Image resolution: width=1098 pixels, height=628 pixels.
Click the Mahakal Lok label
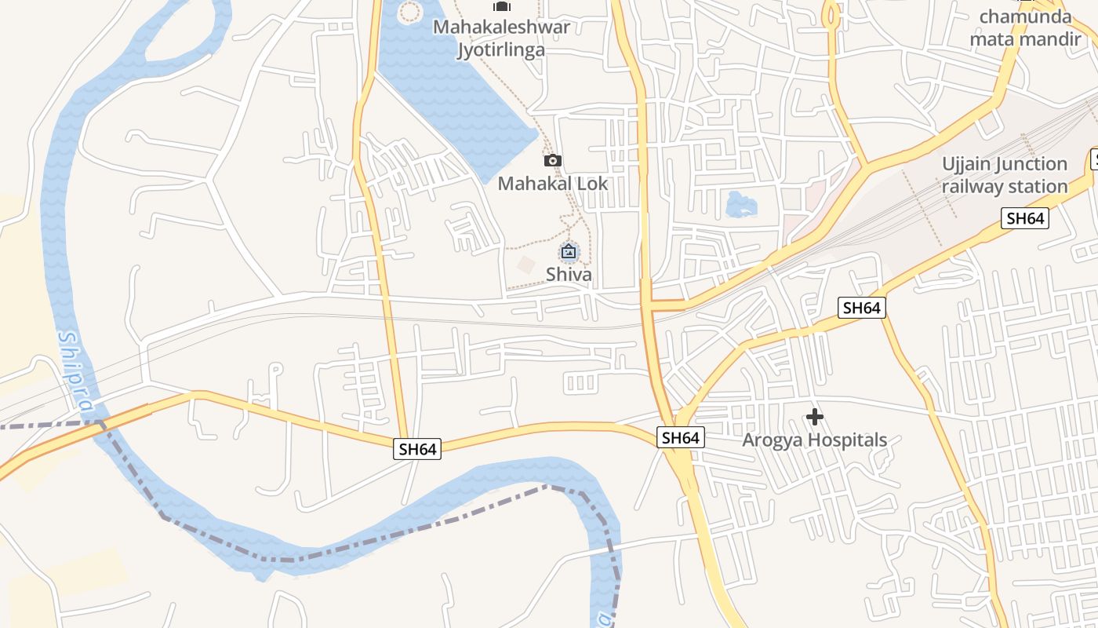click(553, 184)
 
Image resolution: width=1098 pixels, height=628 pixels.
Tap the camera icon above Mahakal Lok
click(553, 161)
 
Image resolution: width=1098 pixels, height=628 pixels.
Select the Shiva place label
click(569, 275)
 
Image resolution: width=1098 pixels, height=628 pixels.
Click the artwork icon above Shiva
click(569, 252)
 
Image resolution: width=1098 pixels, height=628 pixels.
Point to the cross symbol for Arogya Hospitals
click(815, 416)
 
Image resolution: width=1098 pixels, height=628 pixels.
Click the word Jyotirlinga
click(501, 50)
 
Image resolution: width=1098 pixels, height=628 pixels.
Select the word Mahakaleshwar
click(501, 27)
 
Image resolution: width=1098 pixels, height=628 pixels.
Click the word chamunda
click(1025, 16)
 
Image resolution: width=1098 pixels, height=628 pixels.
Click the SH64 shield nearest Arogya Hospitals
click(680, 438)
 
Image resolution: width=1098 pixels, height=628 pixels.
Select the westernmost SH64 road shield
click(416, 449)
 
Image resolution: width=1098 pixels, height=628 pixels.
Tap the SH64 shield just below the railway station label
click(1025, 218)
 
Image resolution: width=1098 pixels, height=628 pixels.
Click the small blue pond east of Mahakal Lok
click(741, 205)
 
